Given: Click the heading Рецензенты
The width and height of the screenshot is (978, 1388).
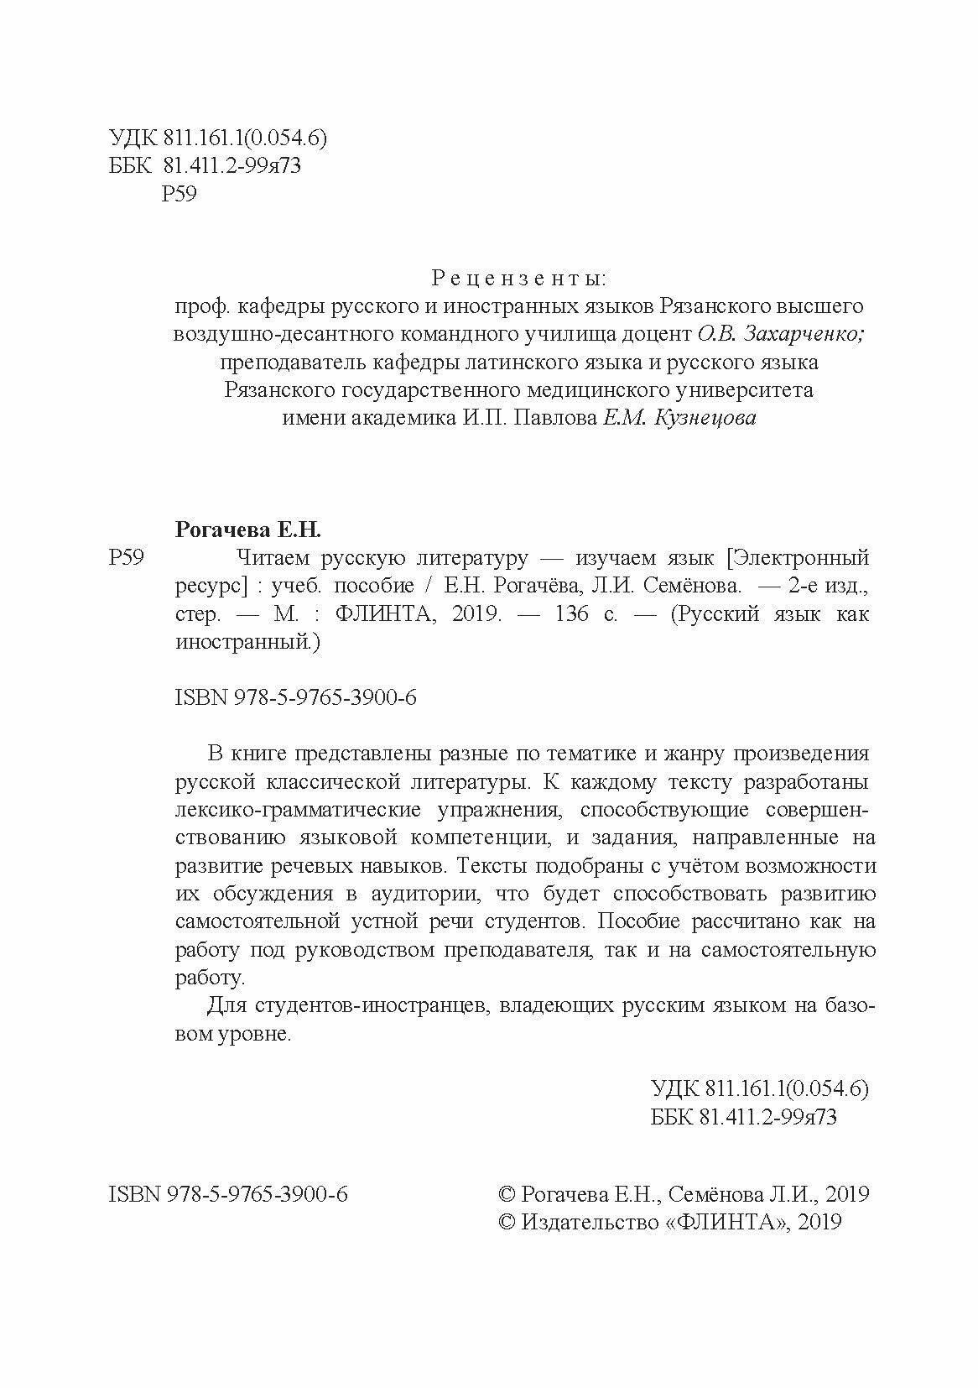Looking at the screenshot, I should pos(518,277).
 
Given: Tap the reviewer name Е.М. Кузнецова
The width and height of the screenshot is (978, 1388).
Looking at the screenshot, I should pos(679,419).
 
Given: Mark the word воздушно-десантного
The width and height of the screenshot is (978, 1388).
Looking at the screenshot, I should pos(269,334).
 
